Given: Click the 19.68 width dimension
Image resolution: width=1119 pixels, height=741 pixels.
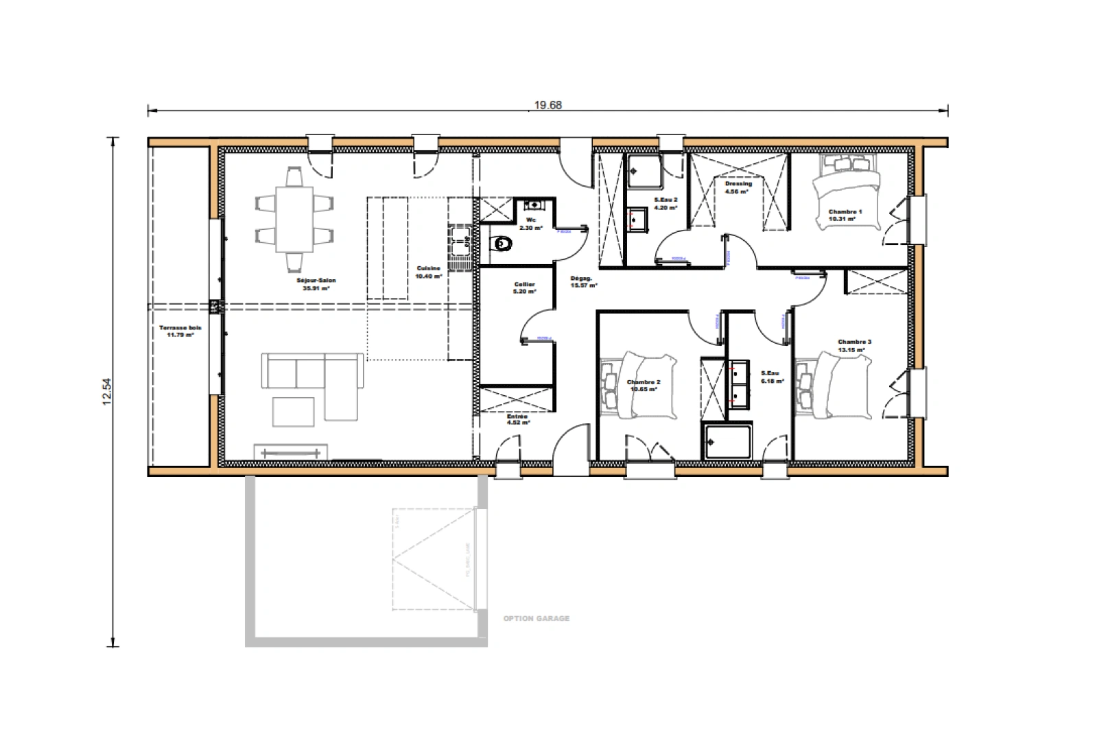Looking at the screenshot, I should tap(547, 105).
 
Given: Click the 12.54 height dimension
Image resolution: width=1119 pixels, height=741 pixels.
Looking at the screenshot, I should tap(106, 392).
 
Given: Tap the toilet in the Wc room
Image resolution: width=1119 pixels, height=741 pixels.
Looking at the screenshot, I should tap(503, 244).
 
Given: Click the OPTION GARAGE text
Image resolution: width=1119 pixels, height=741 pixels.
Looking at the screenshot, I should tap(536, 618).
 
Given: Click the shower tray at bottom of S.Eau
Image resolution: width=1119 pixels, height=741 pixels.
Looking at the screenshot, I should tap(727, 441).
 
